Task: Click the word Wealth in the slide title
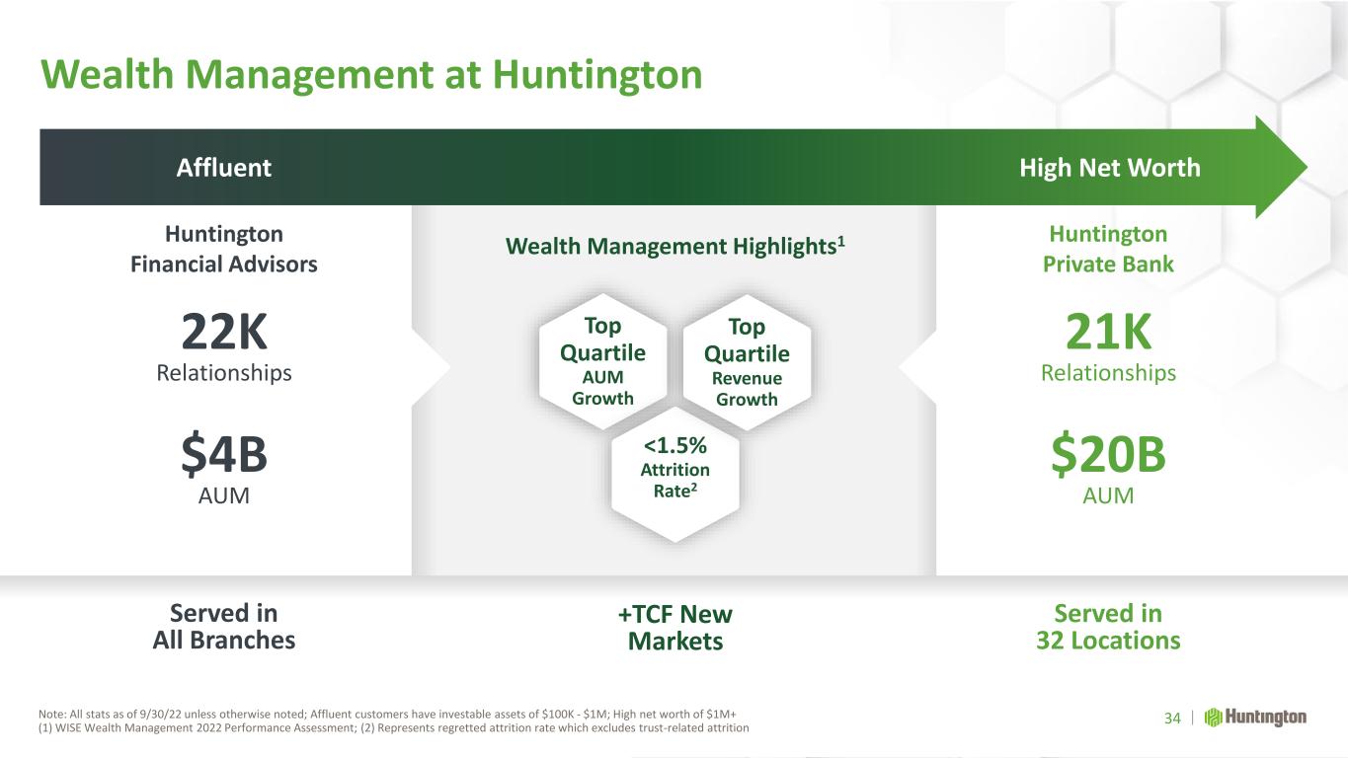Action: coord(107,75)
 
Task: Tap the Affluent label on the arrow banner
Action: coord(224,167)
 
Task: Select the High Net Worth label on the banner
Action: coord(1110,168)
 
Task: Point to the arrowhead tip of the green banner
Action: coord(1307,167)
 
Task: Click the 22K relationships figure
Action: coord(224,331)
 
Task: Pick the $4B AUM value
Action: coord(224,454)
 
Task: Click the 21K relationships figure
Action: coord(1108,331)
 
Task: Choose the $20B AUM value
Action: coord(1108,454)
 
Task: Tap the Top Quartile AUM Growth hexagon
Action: coord(602,361)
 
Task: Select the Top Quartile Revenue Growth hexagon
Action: coord(747,362)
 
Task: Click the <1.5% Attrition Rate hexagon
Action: coord(674,474)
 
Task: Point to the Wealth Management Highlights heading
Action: coord(675,246)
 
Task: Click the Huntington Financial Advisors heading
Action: coord(224,249)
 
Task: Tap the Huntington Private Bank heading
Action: coord(1108,249)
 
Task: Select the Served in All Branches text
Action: coord(224,627)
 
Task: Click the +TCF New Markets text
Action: coord(675,628)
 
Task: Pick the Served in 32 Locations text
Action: coord(1108,627)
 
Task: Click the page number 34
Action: coord(1172,719)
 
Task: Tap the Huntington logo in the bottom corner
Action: coord(1255,718)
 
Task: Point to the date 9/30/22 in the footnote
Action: coord(160,715)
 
